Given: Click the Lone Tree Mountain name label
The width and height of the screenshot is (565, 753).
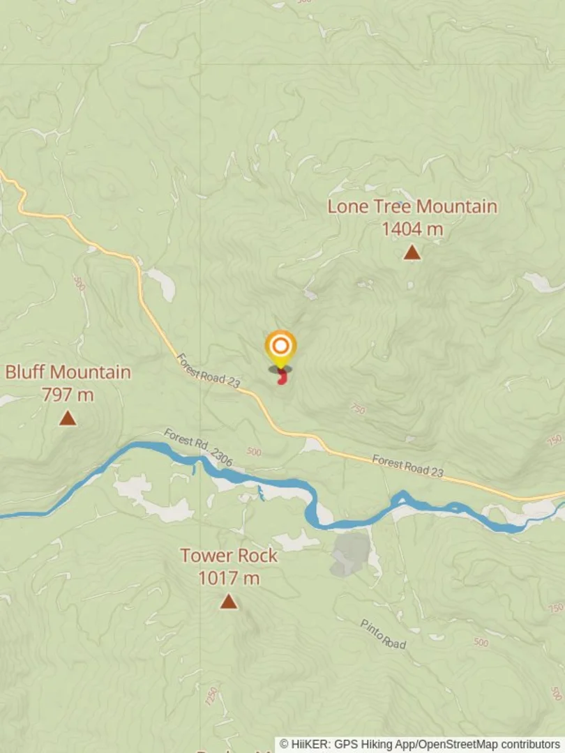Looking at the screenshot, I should click(412, 206).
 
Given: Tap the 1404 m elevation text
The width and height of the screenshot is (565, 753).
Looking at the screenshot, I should click(412, 229).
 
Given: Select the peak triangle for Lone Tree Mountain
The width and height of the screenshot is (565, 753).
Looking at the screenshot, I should click(412, 252).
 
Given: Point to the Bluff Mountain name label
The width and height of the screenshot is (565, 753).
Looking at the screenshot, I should click(68, 372).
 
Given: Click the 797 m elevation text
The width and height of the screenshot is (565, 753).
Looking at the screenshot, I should click(68, 395).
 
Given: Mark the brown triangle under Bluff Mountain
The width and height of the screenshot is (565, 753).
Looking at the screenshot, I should click(68, 418).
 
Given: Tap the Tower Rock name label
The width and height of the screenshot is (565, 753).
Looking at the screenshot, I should click(229, 556).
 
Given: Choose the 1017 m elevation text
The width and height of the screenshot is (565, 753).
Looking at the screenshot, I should click(229, 578).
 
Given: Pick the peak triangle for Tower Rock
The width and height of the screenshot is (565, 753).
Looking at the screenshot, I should click(229, 601).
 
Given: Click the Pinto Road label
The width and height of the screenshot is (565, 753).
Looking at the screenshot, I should click(383, 634).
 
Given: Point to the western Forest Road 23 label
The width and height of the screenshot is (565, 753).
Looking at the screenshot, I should click(208, 370).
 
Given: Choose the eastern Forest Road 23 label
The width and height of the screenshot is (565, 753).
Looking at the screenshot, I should click(407, 466).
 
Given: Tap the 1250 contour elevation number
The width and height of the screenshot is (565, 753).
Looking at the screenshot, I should click(211, 696).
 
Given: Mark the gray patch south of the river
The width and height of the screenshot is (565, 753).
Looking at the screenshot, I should click(350, 554).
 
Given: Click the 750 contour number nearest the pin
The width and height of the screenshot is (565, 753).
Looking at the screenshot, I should click(357, 409).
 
